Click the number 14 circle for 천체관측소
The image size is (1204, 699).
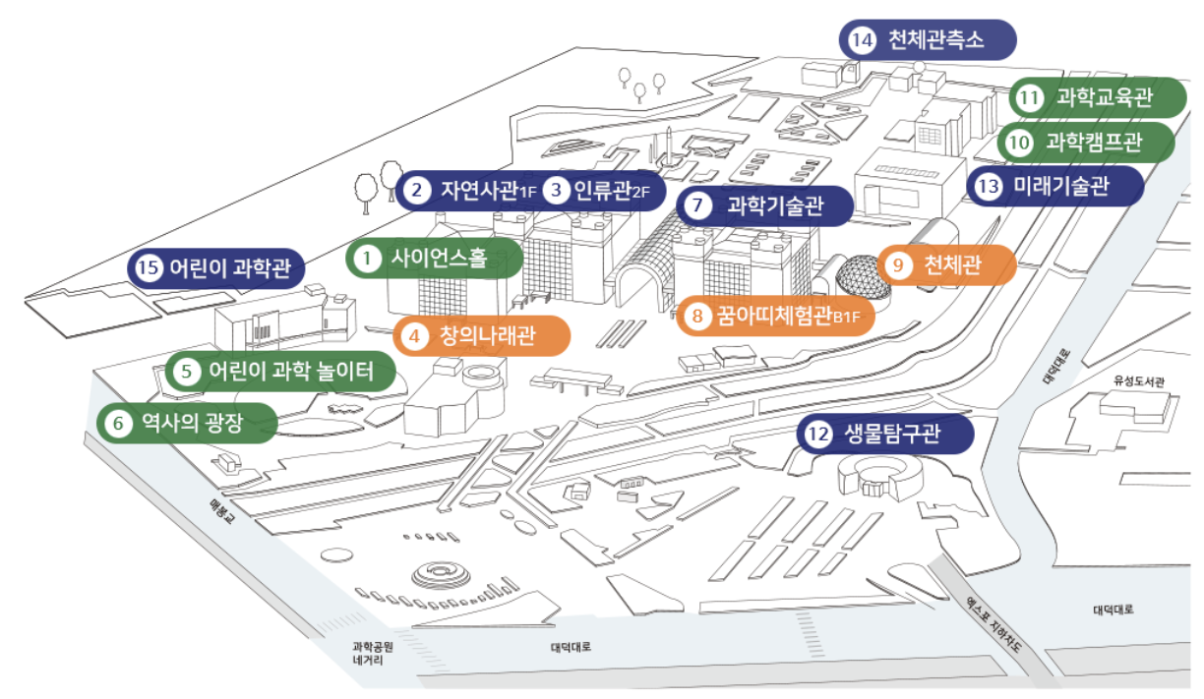pos(863,40)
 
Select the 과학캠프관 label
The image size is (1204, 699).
pos(1087,143)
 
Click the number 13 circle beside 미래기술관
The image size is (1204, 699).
pos(989,186)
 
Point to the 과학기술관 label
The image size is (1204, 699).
pos(765,206)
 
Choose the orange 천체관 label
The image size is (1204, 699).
pos(947,265)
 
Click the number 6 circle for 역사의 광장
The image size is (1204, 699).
pos(118,424)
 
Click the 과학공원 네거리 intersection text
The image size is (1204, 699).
pos(373,654)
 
